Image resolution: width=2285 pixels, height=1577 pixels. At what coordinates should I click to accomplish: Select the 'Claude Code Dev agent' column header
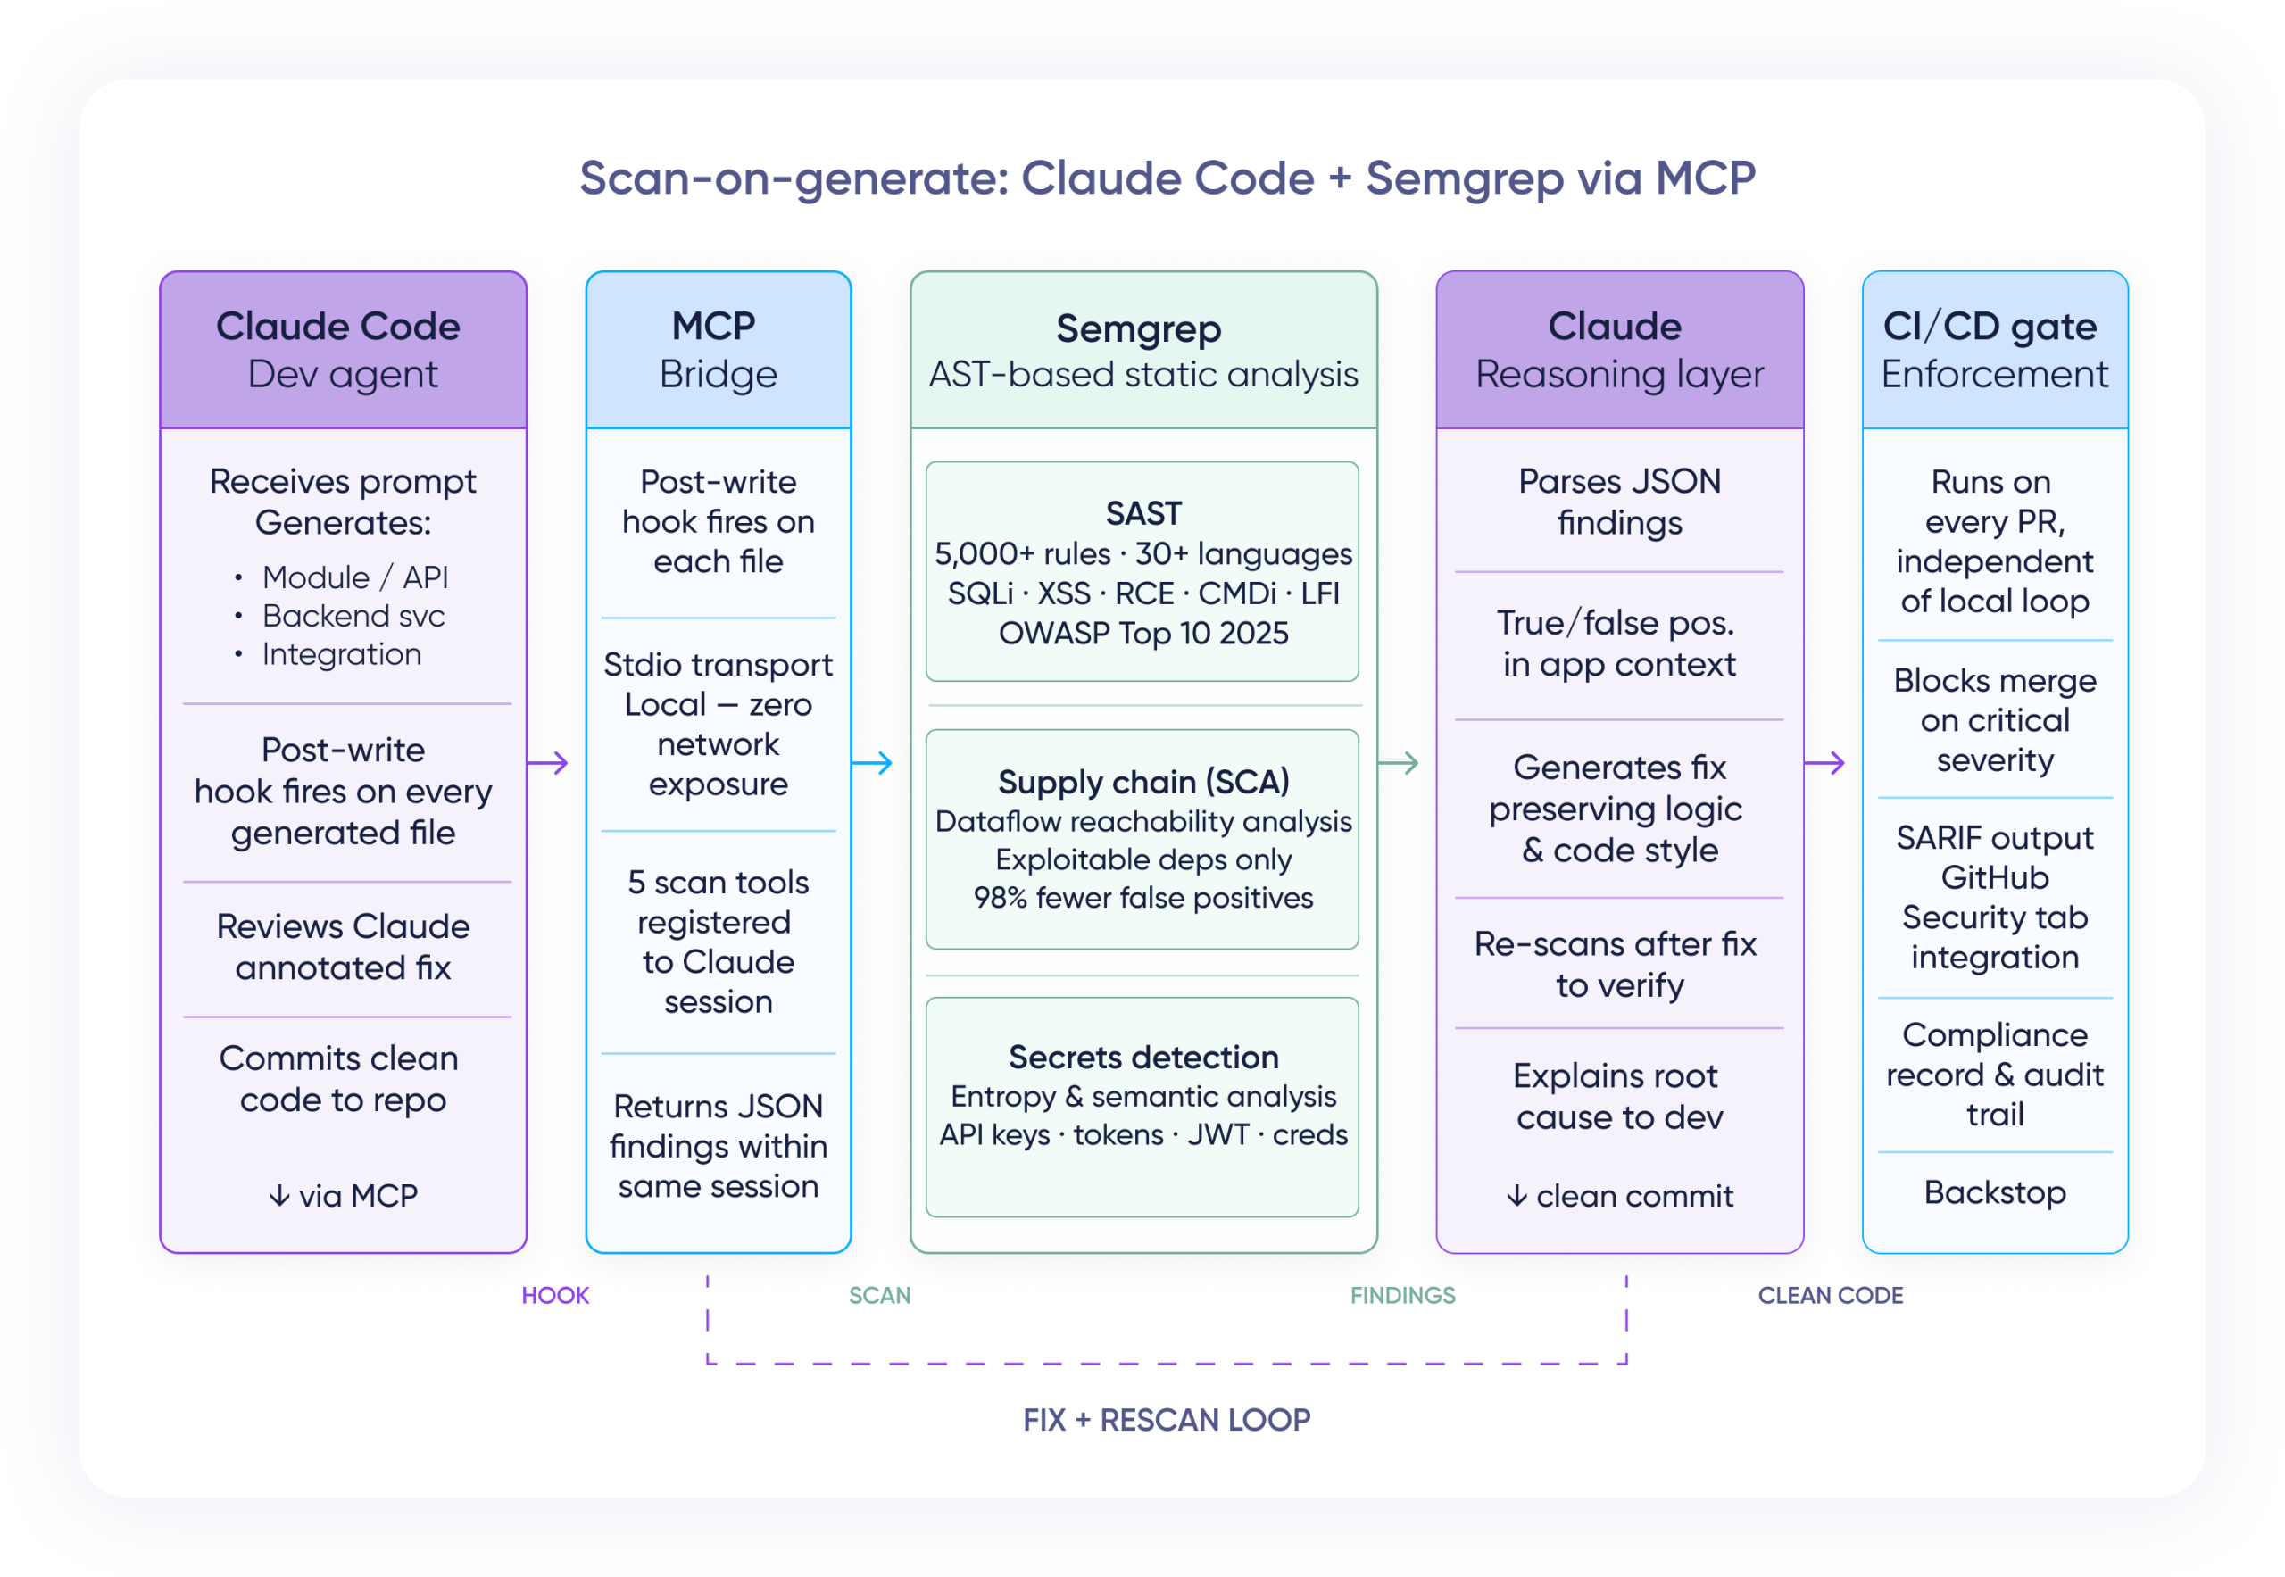pos(343,350)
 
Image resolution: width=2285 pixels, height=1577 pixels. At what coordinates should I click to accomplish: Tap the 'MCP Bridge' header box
pos(718,350)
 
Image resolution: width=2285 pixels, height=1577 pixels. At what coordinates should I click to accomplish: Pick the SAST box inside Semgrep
pos(1142,571)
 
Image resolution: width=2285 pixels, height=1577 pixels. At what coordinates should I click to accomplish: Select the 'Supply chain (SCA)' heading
pos(1142,782)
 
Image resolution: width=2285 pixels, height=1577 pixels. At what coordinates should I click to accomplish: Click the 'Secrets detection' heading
pos(1142,1057)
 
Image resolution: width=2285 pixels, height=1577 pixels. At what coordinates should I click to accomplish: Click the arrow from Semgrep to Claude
pos(1399,763)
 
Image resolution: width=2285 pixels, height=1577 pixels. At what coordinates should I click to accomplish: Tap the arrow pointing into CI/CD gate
pos(1824,763)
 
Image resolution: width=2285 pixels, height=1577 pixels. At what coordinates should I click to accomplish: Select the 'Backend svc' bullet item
pos(353,616)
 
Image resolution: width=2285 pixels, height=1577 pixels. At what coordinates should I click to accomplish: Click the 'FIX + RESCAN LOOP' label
pos(1167,1420)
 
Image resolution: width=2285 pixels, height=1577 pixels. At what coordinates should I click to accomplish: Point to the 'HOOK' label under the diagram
pos(554,1295)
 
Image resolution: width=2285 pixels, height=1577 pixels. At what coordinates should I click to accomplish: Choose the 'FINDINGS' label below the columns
pos(1402,1295)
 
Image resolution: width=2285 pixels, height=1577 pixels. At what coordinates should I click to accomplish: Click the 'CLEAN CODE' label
pos(1830,1295)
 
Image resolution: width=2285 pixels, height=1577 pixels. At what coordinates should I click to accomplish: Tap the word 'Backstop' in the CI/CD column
pos(1994,1192)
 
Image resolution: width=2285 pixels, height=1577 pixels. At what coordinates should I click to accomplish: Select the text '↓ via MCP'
pos(343,1196)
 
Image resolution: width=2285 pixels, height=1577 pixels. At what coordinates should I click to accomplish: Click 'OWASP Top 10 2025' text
pos(1142,633)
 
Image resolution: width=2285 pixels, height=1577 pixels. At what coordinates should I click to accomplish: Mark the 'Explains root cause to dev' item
pos(1619,1096)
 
